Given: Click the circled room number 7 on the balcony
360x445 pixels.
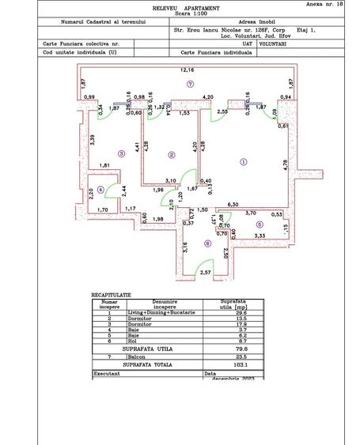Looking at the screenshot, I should [x=191, y=83].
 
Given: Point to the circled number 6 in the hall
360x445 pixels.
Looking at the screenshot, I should [x=207, y=243].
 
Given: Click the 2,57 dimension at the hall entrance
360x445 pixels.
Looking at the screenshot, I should [x=203, y=273].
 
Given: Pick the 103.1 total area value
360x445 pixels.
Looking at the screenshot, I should [x=236, y=364].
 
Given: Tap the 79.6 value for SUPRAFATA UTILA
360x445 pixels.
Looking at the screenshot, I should [x=236, y=348].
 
